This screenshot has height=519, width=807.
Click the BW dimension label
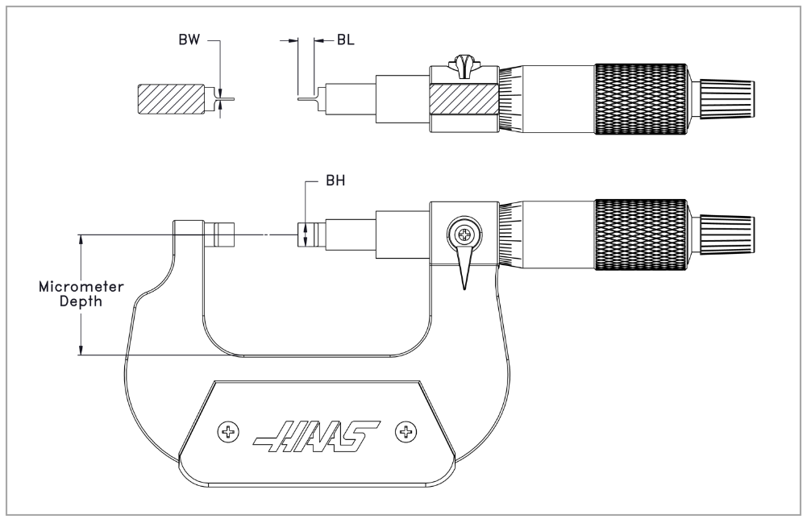click(x=189, y=39)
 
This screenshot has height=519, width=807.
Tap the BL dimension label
click(x=346, y=39)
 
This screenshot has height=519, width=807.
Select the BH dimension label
click(x=335, y=181)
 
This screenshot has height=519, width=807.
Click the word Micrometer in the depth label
click(x=81, y=287)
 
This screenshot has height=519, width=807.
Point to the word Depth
click(x=81, y=301)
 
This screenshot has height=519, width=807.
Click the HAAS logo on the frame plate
click(x=316, y=436)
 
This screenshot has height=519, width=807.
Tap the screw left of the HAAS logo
click(x=228, y=431)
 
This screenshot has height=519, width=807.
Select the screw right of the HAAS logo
click(x=406, y=431)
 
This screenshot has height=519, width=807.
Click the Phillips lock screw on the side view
click(x=464, y=235)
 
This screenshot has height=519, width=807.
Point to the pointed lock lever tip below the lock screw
click(x=464, y=289)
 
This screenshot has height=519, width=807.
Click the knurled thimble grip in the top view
click(x=641, y=99)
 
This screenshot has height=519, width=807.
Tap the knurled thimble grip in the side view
click(x=641, y=235)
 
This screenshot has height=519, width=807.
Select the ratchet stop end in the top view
click(x=726, y=99)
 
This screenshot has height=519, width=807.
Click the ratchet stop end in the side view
click(x=726, y=235)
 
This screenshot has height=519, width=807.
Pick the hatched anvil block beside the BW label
click(x=170, y=99)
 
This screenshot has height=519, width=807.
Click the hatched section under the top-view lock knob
click(x=464, y=98)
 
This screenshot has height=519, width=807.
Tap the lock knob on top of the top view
click(x=464, y=64)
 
